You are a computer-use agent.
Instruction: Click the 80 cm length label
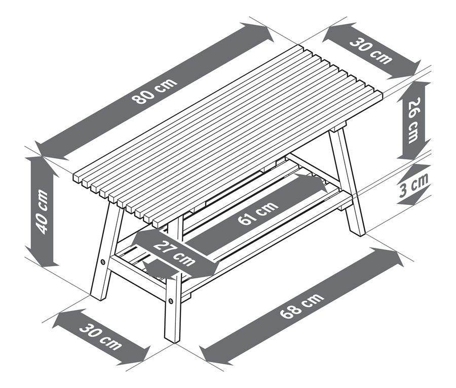(x=154, y=91)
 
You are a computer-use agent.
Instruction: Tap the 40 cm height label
(x=43, y=212)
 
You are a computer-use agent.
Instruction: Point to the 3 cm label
(x=414, y=185)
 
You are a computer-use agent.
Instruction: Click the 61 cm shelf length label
(x=258, y=213)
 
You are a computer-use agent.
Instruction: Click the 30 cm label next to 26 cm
(x=370, y=51)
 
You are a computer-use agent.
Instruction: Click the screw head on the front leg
(x=171, y=300)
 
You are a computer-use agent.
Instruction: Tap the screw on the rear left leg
(x=103, y=262)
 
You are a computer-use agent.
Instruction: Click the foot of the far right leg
(x=359, y=232)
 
